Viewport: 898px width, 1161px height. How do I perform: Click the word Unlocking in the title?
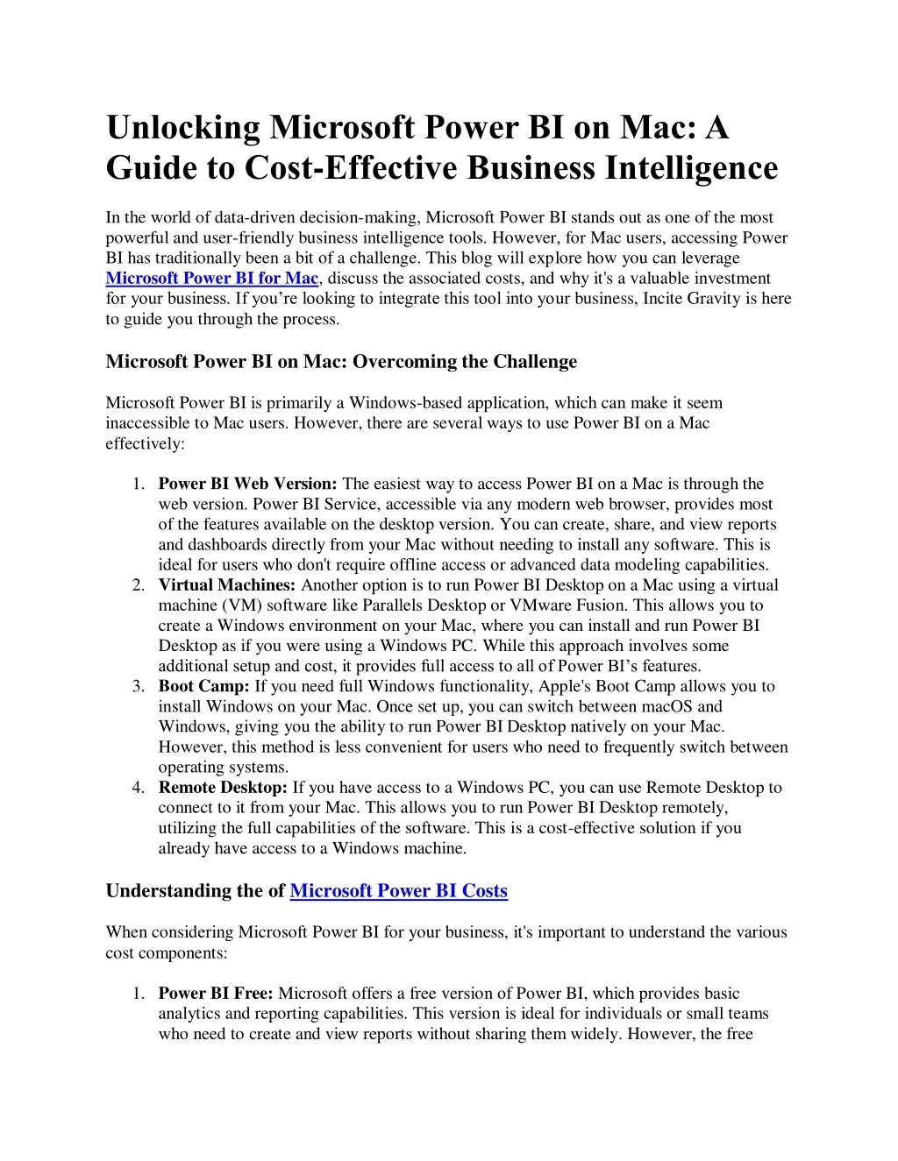coord(183,128)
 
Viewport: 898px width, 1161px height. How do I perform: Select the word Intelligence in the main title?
coord(692,168)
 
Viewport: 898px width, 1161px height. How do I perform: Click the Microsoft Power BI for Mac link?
coord(211,279)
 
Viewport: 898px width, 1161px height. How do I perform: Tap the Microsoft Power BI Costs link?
coord(398,891)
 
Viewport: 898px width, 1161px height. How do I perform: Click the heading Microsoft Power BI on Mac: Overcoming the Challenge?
coord(341,362)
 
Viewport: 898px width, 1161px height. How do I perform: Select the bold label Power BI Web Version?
coord(247,484)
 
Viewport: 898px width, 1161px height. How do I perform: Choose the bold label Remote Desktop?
coord(223,788)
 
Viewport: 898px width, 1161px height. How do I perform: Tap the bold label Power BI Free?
coord(216,994)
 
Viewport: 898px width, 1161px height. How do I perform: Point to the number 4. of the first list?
coord(139,788)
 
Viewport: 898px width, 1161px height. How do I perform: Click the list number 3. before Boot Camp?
coord(139,686)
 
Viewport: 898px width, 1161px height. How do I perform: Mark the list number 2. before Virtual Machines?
coord(139,585)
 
